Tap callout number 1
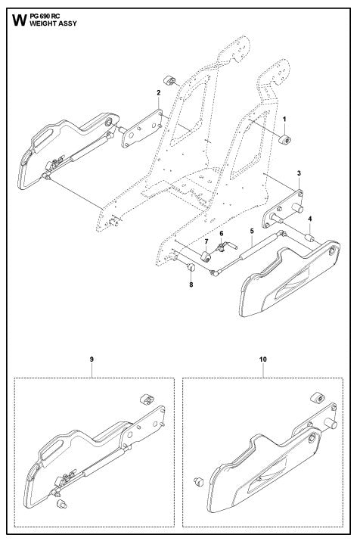(x=284, y=120)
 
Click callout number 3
(x=300, y=174)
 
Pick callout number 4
(x=309, y=218)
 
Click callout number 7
(x=205, y=240)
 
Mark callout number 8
(x=191, y=284)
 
